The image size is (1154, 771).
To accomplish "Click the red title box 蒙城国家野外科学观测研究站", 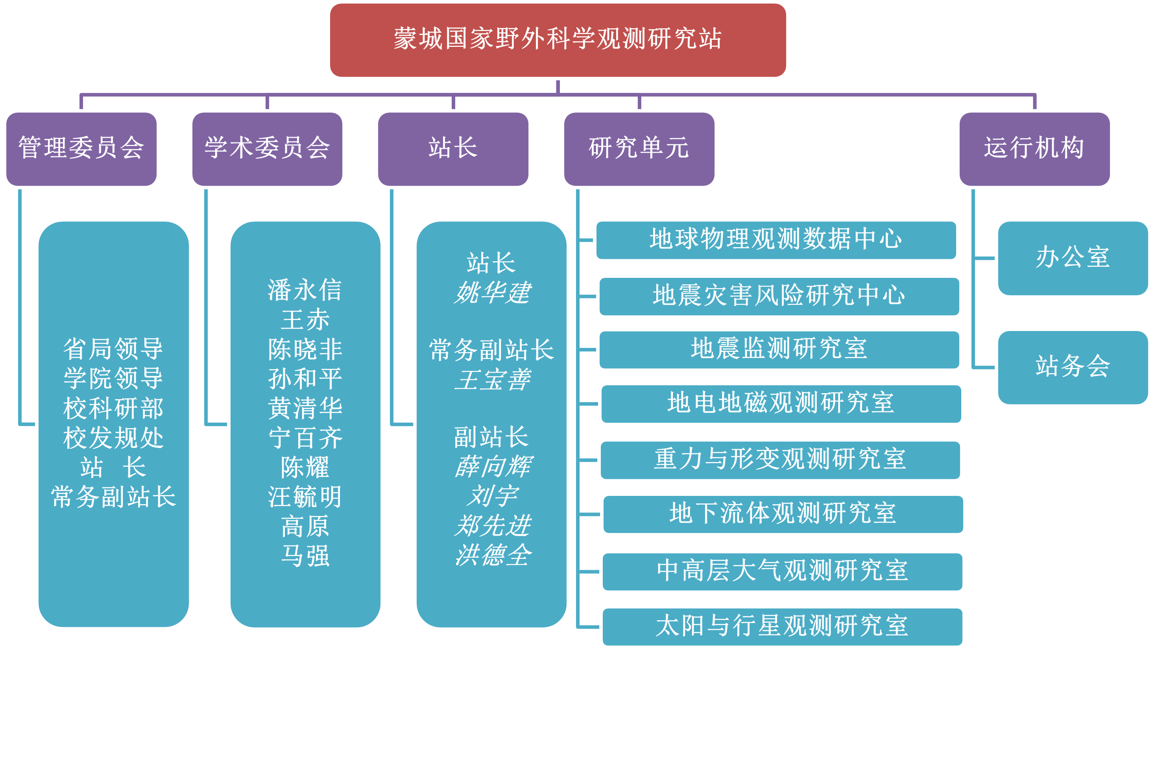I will coord(558,39).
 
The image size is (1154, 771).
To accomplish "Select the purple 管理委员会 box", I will coord(81,148).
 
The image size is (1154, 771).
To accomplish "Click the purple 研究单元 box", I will coord(639,148).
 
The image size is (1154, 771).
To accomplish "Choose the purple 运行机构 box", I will coord(1034,148).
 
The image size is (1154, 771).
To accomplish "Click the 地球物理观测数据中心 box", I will coord(776,239).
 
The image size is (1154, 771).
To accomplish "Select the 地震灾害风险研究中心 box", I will coord(779,296).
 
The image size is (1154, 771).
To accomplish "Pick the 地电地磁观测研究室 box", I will coord(781,403).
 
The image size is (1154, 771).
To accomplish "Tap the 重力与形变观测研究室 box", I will coord(780,460).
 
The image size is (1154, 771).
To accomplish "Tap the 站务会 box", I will coord(1073,367).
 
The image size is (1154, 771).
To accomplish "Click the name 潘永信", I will coord(305,290).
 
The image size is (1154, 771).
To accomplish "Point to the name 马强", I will coord(305,556).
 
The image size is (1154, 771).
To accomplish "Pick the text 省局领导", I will coord(113,349).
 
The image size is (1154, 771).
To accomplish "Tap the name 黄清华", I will coord(305,408).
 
